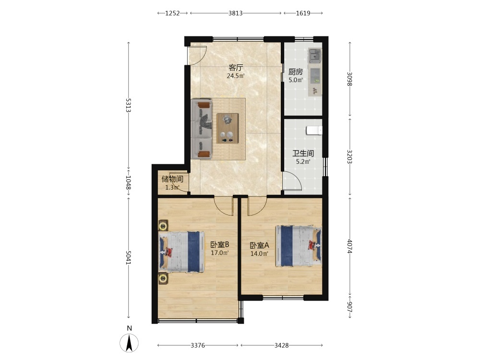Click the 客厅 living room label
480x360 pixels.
click(236, 68)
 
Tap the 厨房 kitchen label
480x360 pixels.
click(296, 72)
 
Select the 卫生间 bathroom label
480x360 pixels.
click(303, 154)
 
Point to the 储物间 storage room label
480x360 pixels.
click(172, 179)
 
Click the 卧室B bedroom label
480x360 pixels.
click(220, 245)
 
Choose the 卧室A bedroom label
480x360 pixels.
click(259, 245)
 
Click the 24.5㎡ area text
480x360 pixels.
click(235, 76)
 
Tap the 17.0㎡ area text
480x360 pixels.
click(220, 253)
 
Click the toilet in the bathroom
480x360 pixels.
click(314, 131)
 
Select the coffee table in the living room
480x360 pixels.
click(228, 128)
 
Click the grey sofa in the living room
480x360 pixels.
click(202, 129)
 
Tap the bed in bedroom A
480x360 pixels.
click(299, 246)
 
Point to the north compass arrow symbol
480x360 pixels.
click(129, 343)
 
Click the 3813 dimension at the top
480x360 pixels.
click(235, 13)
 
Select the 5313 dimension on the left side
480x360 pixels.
click(128, 105)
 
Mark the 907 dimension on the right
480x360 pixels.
click(350, 307)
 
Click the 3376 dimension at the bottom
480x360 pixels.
click(198, 345)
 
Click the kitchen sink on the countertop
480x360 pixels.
click(314, 56)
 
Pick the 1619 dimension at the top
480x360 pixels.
click(303, 13)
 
